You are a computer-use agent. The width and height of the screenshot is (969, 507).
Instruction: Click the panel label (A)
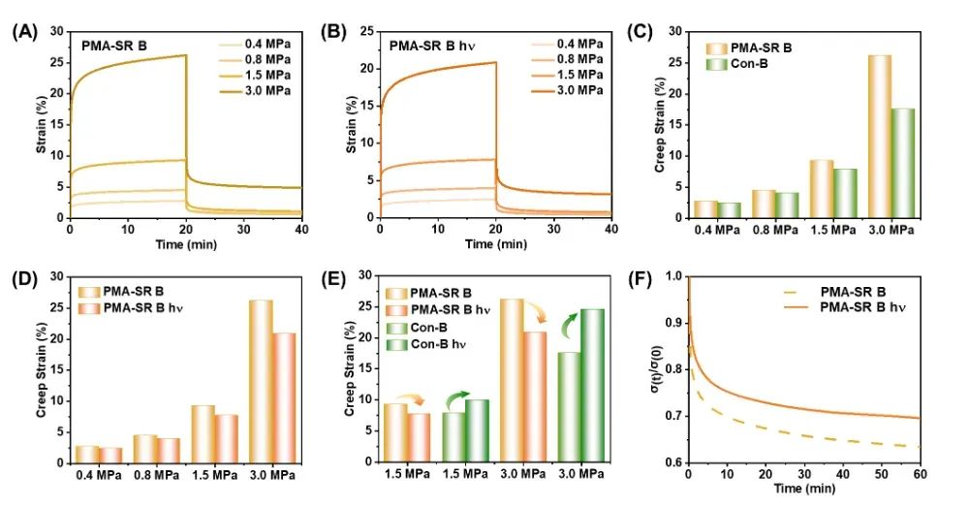(23, 31)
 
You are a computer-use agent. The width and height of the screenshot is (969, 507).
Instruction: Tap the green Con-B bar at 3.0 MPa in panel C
(902, 162)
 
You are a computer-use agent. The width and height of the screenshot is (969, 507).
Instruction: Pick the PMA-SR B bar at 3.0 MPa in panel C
(879, 136)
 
